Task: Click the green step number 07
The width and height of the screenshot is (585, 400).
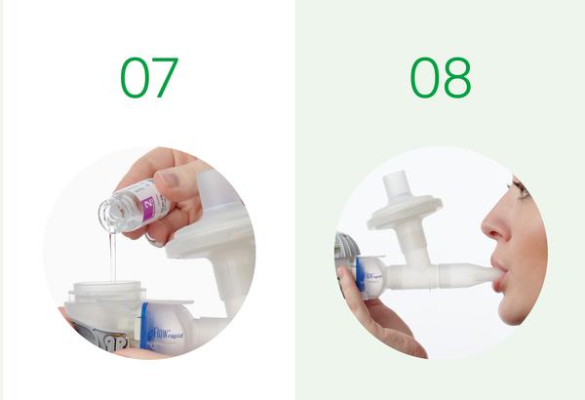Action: (148, 77)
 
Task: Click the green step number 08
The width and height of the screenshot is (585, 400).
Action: (440, 77)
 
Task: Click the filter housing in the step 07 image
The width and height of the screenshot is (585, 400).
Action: (212, 234)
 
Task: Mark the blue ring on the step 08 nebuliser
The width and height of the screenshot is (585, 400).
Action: (361, 276)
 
